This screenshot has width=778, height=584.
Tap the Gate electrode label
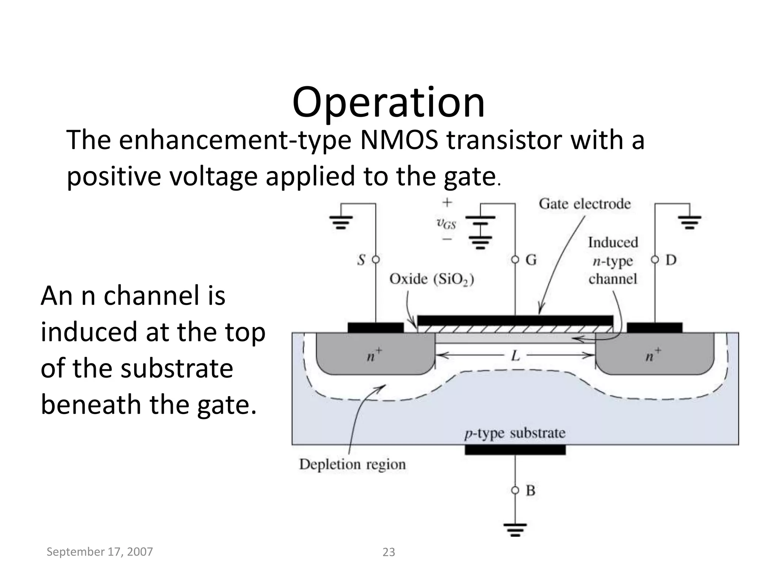click(584, 204)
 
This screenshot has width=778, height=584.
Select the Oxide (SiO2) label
click(432, 279)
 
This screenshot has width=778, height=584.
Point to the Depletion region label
click(352, 464)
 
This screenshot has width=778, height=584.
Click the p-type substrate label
click(515, 433)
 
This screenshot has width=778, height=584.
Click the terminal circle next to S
click(375, 260)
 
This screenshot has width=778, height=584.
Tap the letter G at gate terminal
click(531, 260)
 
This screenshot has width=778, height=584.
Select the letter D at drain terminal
click(671, 260)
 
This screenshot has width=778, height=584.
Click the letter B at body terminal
click(530, 490)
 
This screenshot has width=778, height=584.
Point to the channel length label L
click(515, 356)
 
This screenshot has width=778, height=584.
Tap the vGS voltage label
click(446, 223)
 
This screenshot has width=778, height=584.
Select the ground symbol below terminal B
click(515, 530)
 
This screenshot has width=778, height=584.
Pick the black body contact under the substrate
click(515, 450)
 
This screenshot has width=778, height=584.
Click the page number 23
click(389, 552)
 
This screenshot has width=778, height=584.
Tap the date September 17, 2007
click(100, 552)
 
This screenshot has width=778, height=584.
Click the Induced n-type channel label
click(612, 261)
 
